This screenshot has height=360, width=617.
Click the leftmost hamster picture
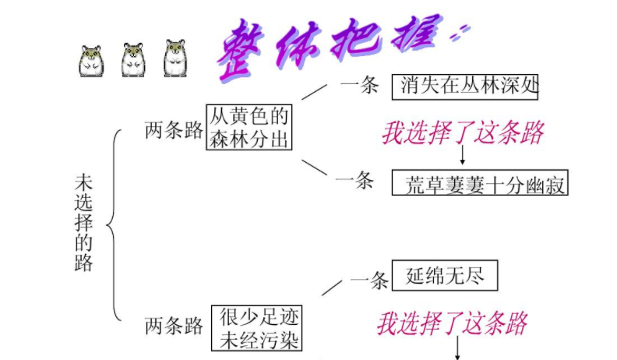92,61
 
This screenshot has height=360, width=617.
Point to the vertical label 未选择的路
83,222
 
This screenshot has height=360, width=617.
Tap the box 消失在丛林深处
465,85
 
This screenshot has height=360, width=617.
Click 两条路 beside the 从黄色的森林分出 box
174,130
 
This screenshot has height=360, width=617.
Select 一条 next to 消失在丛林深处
359,85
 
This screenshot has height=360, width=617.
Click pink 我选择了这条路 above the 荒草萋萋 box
462,133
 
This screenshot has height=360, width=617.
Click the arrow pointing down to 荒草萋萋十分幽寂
462,157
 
